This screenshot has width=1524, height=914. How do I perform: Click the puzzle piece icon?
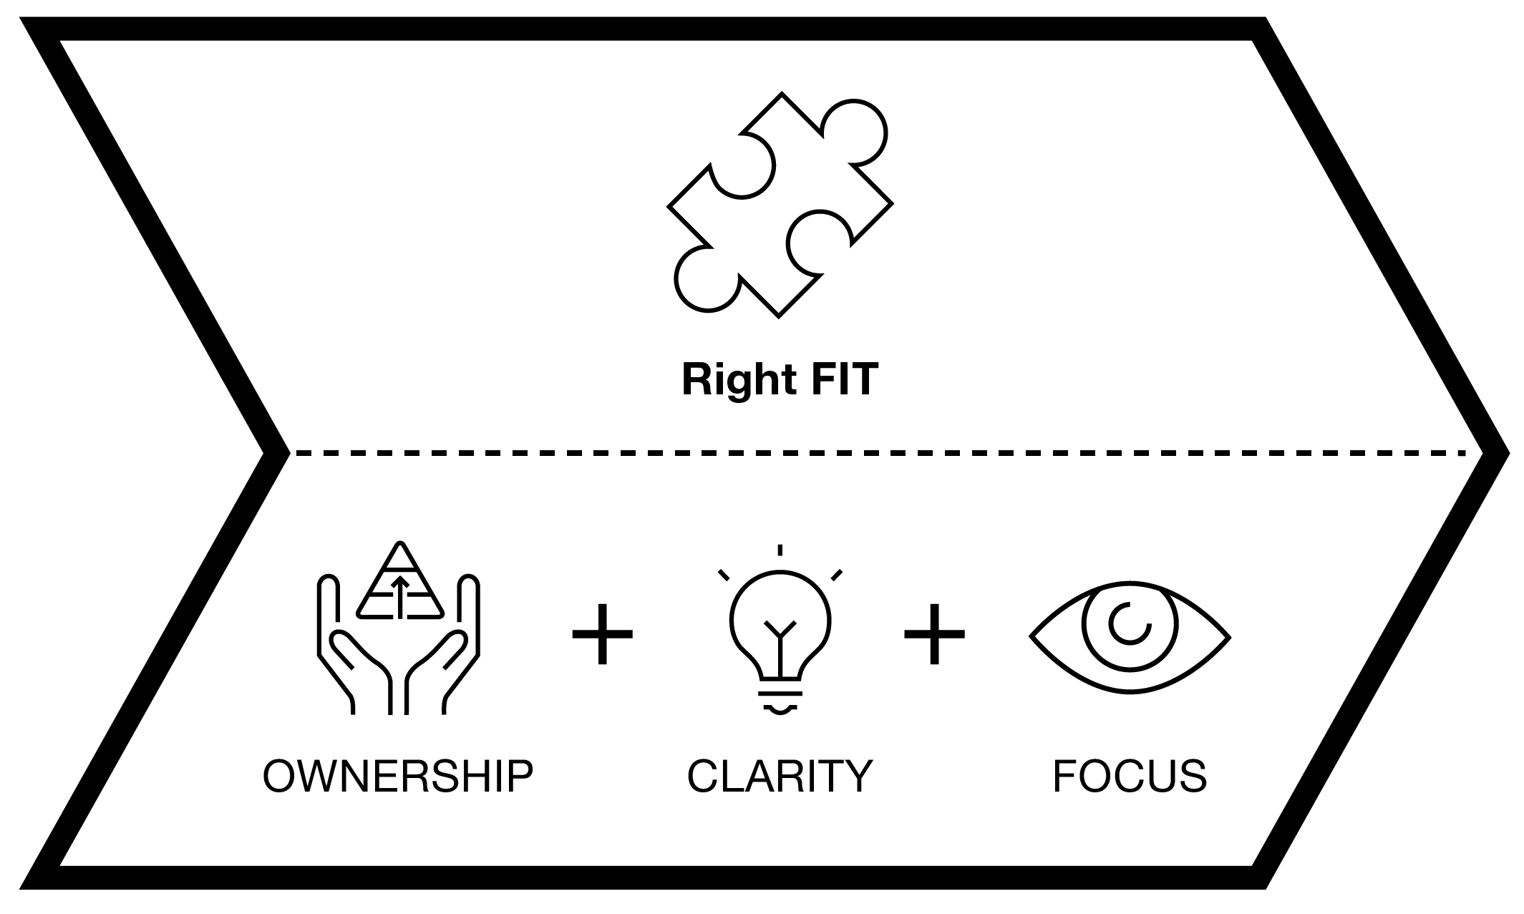coord(780,205)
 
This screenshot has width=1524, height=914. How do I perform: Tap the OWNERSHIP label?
coord(398,776)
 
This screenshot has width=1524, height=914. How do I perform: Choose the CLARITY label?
coord(780,776)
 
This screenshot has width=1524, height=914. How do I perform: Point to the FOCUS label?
coord(1130,776)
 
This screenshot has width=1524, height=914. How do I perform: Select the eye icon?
coord(1130,636)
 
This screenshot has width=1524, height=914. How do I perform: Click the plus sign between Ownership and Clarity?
coord(603,634)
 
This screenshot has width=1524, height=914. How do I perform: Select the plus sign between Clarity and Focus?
coord(934,634)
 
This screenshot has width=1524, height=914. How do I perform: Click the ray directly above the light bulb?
coord(780,550)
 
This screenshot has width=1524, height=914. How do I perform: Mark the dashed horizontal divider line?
coord(880,452)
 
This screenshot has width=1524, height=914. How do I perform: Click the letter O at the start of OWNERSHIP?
coord(280,776)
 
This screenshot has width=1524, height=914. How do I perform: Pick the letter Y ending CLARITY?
coord(856,776)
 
